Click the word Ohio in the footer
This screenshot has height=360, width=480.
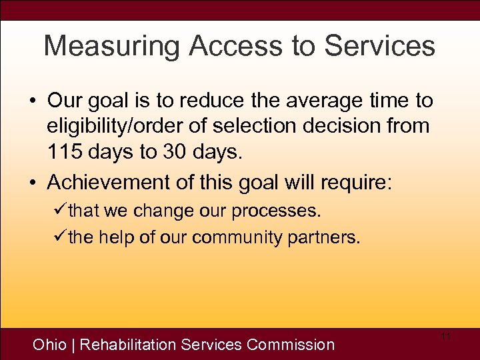(x=49, y=345)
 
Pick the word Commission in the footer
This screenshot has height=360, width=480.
(x=291, y=345)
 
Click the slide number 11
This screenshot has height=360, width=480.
(x=446, y=337)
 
